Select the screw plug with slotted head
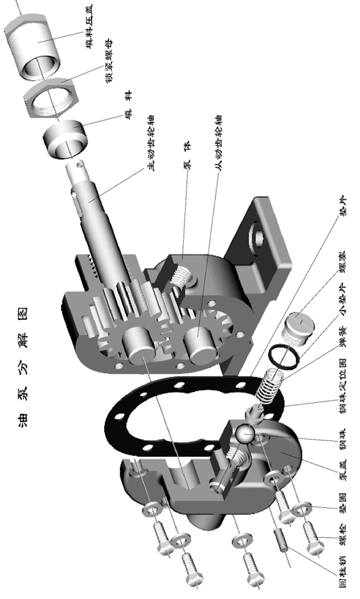[297, 330]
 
